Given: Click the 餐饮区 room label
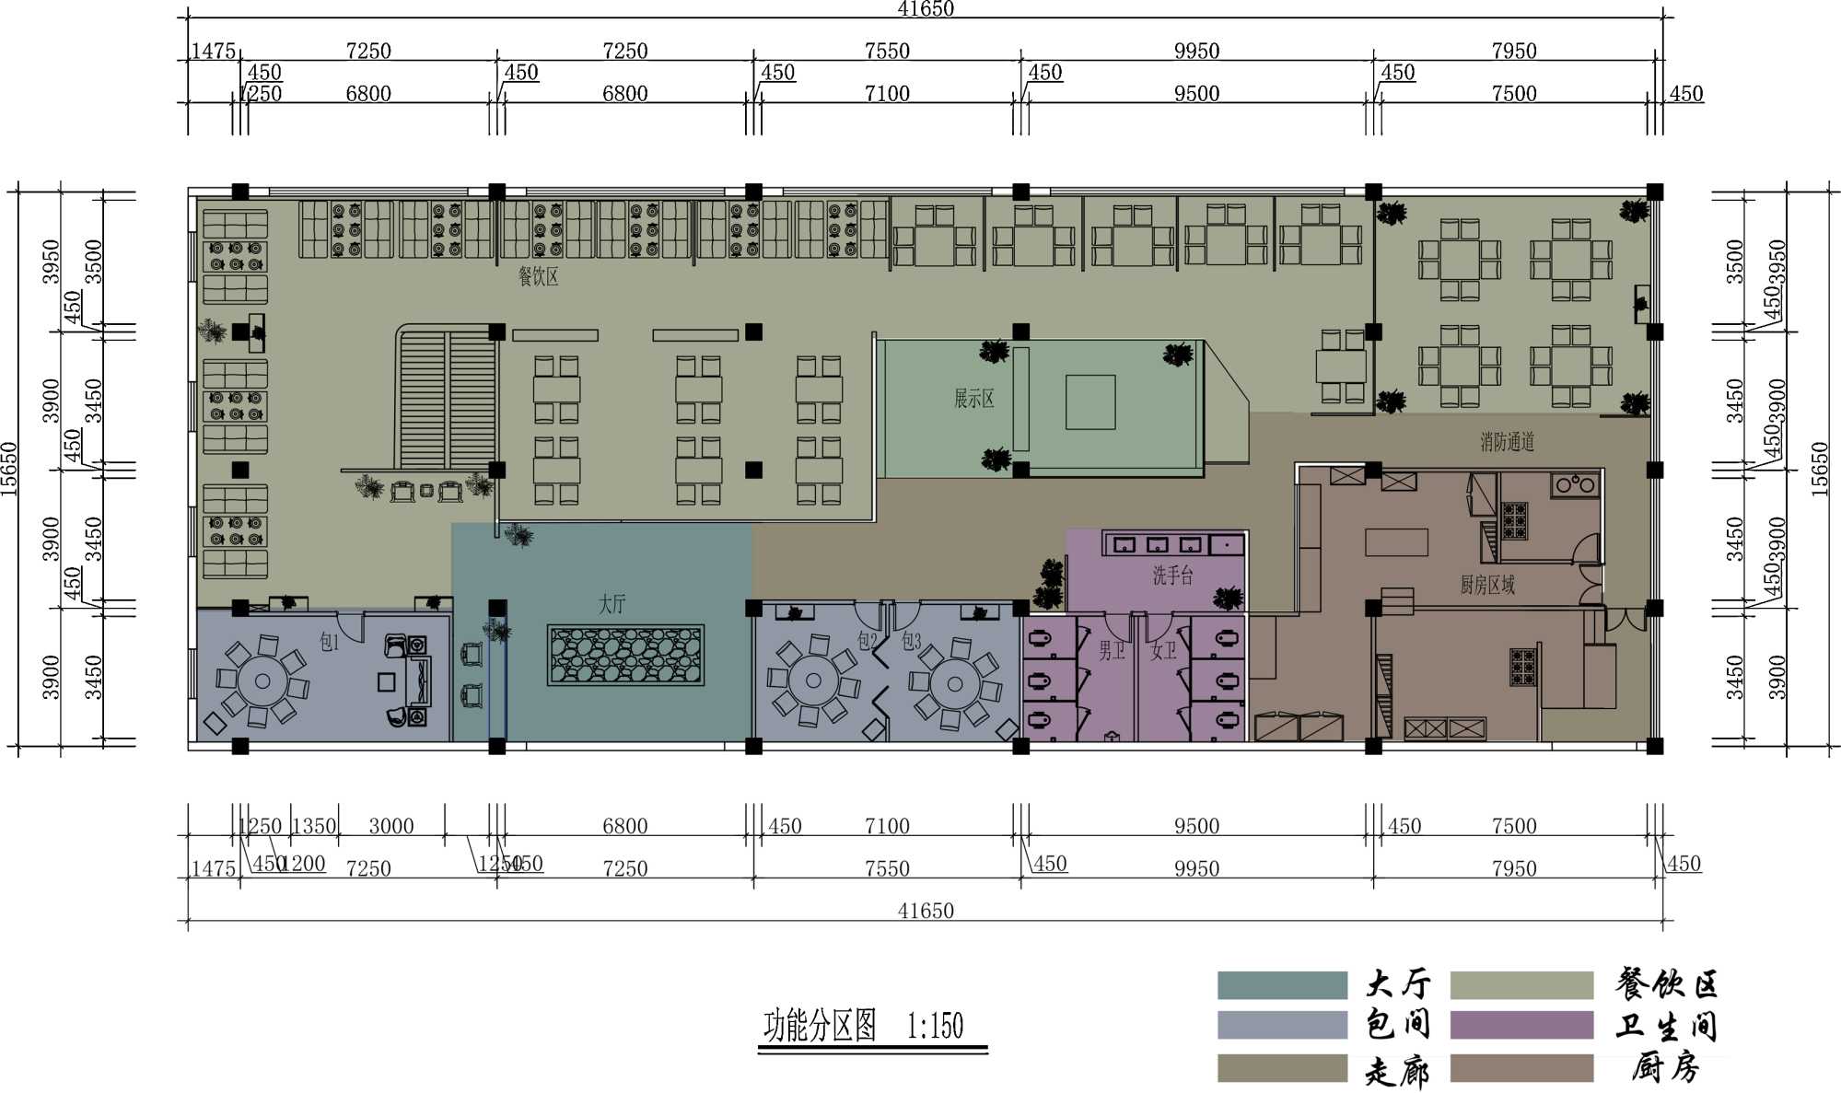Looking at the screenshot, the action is (538, 276).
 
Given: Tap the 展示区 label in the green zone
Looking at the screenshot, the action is (973, 399).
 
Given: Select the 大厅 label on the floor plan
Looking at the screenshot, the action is (612, 604).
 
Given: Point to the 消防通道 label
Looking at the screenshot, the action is (1507, 442).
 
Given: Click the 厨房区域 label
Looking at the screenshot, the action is (1486, 585).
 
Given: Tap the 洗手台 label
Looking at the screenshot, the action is (1172, 576).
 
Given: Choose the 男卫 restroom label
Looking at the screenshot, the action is (1111, 651).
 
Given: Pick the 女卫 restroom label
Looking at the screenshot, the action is (1162, 651).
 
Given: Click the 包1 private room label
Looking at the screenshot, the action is (329, 642).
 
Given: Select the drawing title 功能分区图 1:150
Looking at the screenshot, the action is (864, 1025).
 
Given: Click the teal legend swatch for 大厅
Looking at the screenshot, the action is (1281, 984).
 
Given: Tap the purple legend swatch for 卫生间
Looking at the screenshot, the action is (1521, 1025).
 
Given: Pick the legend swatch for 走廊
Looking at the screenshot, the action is (1281, 1068).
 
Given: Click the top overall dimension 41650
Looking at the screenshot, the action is (926, 9).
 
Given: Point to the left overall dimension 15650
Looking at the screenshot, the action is (9, 470).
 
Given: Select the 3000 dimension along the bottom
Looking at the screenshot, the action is (391, 826).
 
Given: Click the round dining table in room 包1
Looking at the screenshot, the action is (262, 681).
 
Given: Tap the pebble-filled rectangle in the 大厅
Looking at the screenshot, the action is (625, 655).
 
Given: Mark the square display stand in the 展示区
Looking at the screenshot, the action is (1090, 401).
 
